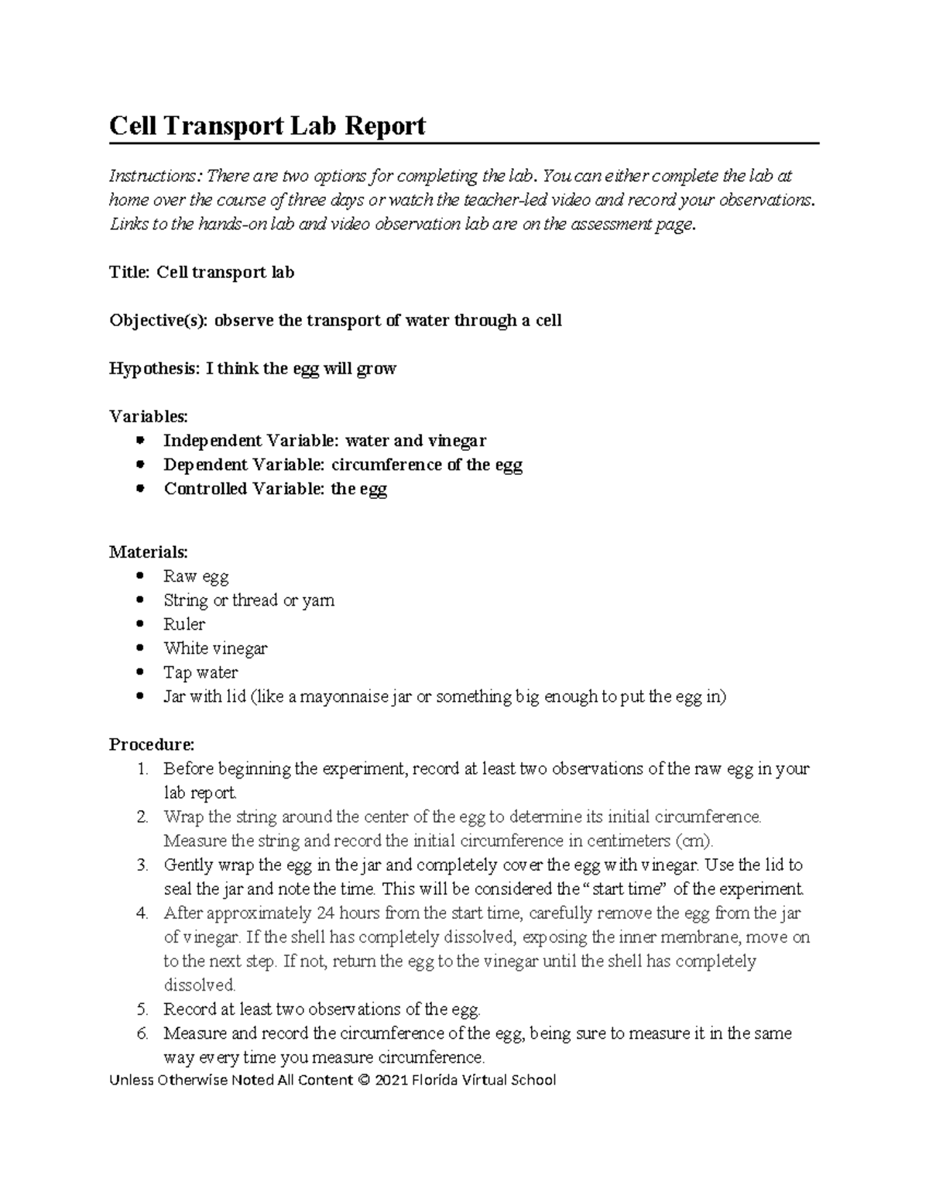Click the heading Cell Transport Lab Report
[x=267, y=125]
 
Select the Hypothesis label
[x=153, y=369]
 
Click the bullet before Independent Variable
[x=140, y=441]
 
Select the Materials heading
[x=148, y=552]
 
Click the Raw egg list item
[x=196, y=576]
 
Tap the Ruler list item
[x=184, y=624]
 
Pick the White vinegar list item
[x=215, y=648]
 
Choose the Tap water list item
[x=201, y=672]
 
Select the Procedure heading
[x=152, y=744]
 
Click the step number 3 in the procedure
[x=142, y=864]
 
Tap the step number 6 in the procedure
[x=142, y=1033]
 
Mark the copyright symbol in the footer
[x=364, y=1080]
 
